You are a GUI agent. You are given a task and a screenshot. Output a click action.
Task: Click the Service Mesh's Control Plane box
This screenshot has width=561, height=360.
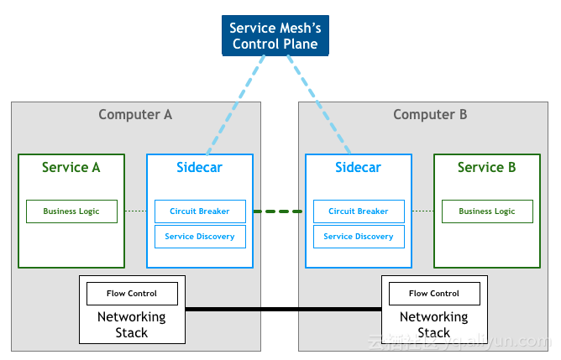point(275,36)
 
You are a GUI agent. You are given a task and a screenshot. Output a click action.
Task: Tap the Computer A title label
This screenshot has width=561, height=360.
point(135,115)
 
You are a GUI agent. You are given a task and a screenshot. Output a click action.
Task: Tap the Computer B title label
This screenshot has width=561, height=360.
point(430,115)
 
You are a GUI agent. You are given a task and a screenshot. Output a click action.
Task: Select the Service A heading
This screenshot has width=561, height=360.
point(71,167)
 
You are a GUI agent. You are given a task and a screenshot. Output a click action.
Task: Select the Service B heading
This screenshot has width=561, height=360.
point(486,167)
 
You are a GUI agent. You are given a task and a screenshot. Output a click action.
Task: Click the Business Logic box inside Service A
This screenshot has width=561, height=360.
point(71,211)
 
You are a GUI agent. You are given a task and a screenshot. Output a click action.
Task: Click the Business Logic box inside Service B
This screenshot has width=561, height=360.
point(487,211)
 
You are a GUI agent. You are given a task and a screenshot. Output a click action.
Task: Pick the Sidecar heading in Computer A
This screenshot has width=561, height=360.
point(199,167)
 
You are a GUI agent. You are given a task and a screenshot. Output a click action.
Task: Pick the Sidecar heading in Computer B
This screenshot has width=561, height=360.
point(358,167)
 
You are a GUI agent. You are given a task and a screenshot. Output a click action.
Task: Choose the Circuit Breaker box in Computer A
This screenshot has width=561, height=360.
point(200,211)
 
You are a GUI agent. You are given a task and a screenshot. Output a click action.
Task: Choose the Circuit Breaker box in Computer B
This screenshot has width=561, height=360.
point(359,211)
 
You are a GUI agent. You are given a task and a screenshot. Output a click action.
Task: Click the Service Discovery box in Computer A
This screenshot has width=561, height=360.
point(200,237)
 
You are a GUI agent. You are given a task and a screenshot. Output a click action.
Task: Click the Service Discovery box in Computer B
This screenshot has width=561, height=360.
point(359,237)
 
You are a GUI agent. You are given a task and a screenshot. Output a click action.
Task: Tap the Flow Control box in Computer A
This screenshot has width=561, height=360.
point(132,294)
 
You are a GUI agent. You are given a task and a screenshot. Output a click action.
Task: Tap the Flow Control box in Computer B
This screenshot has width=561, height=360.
point(434,294)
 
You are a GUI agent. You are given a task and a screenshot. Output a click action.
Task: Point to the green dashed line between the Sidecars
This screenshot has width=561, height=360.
point(278,211)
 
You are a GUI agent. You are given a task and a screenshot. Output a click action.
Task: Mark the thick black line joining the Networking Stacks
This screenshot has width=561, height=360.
point(283,310)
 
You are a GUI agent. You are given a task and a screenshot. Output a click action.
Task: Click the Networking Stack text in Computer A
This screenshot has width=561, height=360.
point(132,325)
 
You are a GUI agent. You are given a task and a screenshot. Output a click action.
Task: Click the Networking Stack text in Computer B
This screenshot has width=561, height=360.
point(434,325)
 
